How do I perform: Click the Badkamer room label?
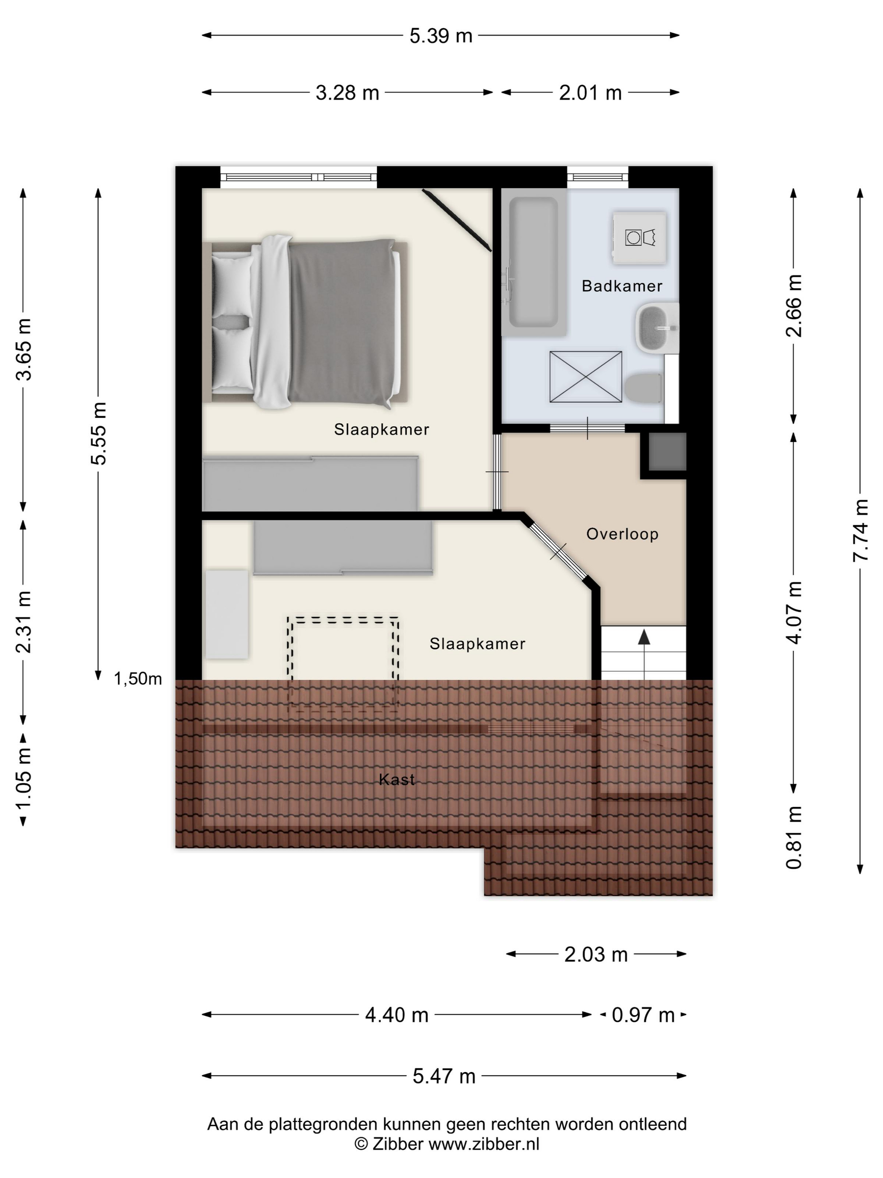click(x=621, y=286)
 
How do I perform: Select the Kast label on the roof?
click(x=397, y=779)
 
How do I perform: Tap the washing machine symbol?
click(x=639, y=238)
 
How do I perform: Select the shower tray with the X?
click(x=585, y=377)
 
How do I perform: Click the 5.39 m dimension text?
click(x=441, y=36)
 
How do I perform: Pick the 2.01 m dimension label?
click(x=590, y=93)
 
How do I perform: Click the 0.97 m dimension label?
click(x=643, y=1015)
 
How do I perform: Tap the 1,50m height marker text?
click(x=138, y=679)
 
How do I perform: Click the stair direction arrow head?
click(x=644, y=637)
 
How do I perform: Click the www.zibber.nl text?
click(x=483, y=1144)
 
